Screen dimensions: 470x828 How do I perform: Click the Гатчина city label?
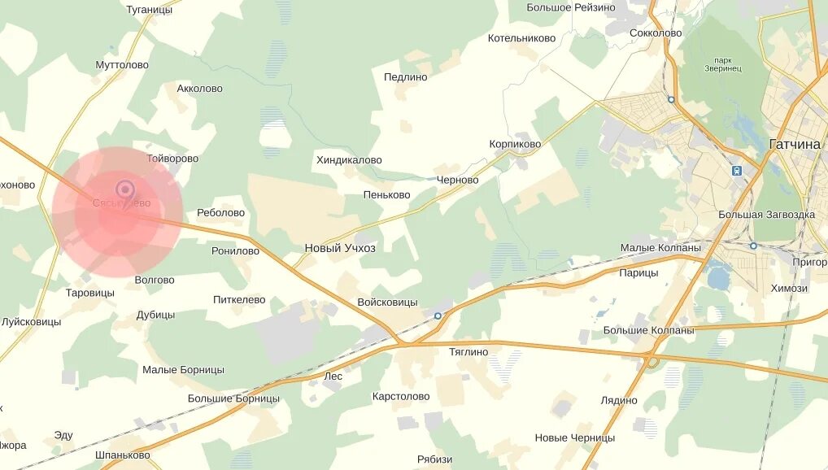(795, 144)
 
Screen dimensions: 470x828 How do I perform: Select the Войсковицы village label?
(387, 302)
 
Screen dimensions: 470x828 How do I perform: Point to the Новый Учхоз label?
(340, 248)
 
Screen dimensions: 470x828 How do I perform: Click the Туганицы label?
(150, 10)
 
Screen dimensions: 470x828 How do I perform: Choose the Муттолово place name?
(122, 65)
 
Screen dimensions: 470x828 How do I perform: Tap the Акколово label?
(199, 89)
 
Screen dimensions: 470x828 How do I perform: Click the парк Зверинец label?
(722, 65)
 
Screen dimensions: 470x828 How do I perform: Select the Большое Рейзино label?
(571, 7)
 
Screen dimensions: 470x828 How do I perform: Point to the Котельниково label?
(521, 38)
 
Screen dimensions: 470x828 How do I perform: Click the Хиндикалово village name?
(349, 160)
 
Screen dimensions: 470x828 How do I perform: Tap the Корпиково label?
(515, 144)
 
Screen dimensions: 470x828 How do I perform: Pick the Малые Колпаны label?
(660, 247)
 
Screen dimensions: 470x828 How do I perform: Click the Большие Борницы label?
(233, 398)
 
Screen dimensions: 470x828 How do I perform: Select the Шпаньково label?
(123, 455)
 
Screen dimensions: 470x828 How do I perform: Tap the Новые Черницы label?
(574, 437)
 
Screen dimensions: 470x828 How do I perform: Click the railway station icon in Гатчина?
(737, 172)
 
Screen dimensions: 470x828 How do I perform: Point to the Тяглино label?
(468, 352)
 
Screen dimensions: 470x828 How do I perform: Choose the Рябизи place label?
(434, 459)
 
